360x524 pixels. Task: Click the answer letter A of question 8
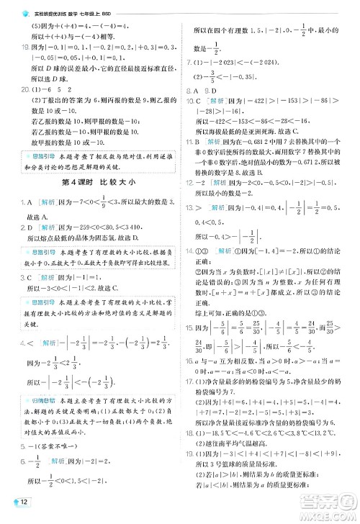[197, 91]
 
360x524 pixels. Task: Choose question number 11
[192, 143]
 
